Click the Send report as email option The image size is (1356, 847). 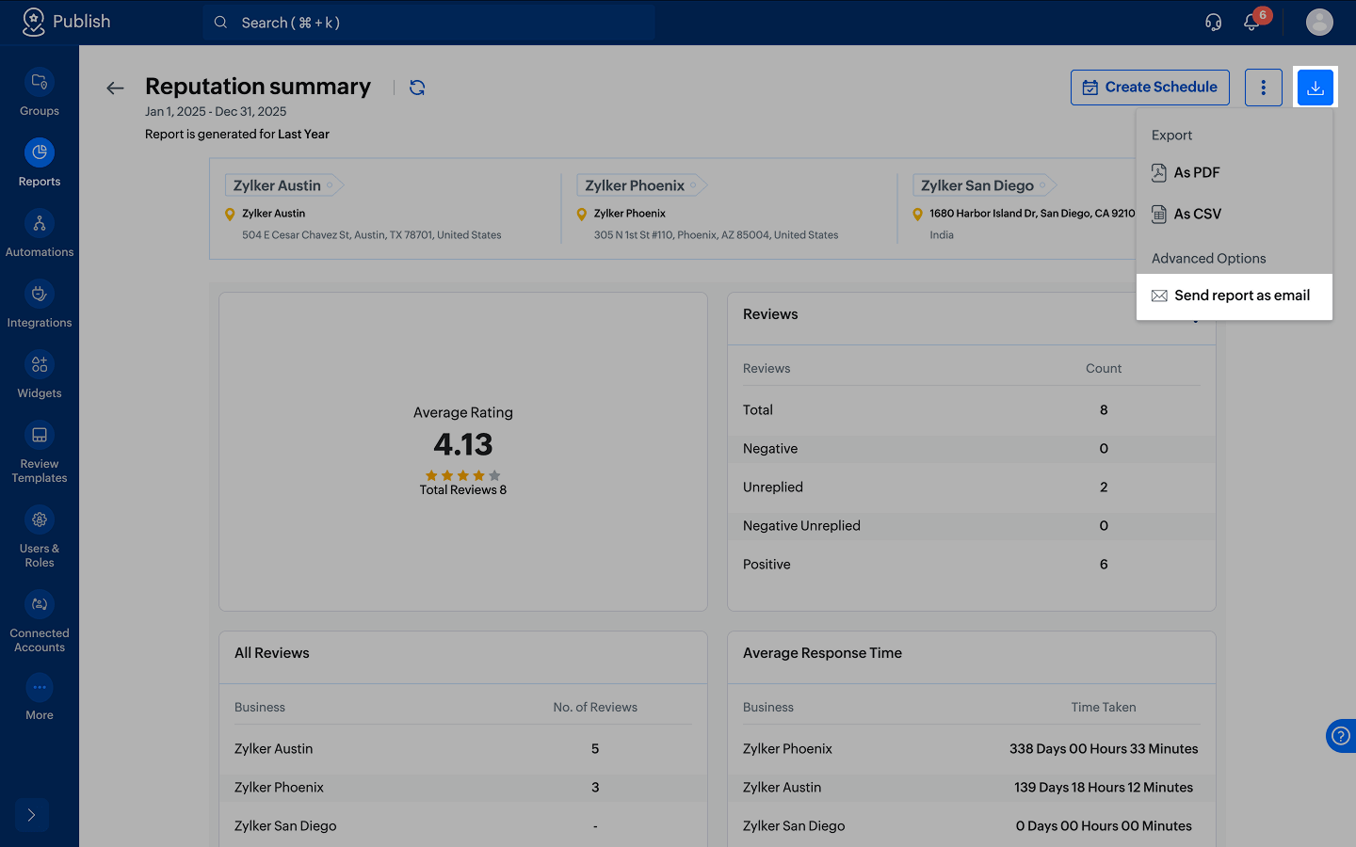1234,296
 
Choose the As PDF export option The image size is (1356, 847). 1186,172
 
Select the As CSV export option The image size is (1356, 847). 1186,215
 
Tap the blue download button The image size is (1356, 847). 1315,88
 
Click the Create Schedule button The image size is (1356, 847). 1150,88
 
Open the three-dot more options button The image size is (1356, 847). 1264,88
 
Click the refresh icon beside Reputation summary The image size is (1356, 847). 417,88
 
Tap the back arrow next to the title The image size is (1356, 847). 115,88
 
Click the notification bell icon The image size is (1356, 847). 1251,23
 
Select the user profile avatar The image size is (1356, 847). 1319,23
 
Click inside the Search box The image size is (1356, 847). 428,23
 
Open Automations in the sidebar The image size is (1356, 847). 40,234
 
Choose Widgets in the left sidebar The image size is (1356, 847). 40,376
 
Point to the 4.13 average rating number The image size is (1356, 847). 463,444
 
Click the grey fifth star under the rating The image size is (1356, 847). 494,475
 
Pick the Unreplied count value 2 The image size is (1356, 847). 1104,487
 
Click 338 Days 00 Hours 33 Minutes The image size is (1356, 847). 1104,749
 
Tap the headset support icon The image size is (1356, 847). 1213,23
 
